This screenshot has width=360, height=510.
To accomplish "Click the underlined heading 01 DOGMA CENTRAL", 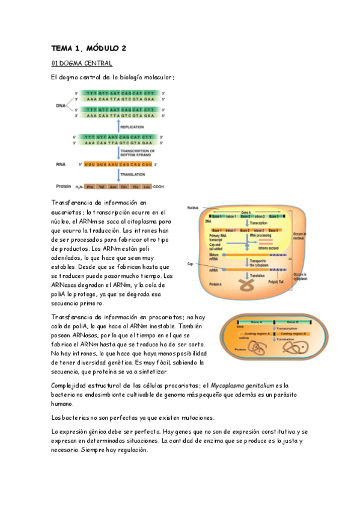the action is pyautogui.click(x=82, y=63).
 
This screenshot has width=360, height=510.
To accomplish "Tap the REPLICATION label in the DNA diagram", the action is pyautogui.click(x=132, y=127).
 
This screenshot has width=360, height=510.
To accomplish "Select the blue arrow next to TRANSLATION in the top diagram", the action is pyautogui.click(x=118, y=174).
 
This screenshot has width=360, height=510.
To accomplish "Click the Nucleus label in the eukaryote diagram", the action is pyautogui.click(x=192, y=207).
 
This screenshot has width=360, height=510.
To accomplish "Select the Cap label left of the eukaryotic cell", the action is pyautogui.click(x=190, y=263).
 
